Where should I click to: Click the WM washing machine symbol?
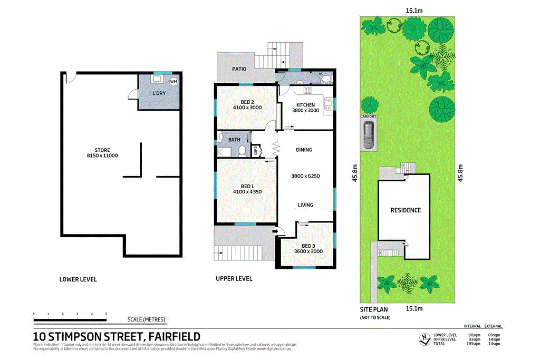pyautogui.click(x=173, y=82)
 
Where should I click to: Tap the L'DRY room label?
pyautogui.click(x=159, y=93)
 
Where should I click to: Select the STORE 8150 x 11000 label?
pyautogui.click(x=102, y=153)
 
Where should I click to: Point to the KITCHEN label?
pyautogui.click(x=305, y=105)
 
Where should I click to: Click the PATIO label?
pyautogui.click(x=240, y=69)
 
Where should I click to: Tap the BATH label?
pyautogui.click(x=234, y=140)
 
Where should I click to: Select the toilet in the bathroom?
pyautogui.click(x=242, y=151)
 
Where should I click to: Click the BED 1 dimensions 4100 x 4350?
pyautogui.click(x=247, y=192)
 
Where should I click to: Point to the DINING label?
pyautogui.click(x=304, y=150)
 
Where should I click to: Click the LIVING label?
pyautogui.click(x=305, y=205)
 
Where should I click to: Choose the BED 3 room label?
pyautogui.click(x=308, y=246)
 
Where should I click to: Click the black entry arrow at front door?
pyautogui.click(x=275, y=231)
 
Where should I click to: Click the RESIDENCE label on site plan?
pyautogui.click(x=406, y=210)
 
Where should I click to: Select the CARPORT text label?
pyautogui.click(x=368, y=116)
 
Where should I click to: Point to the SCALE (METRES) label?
pyautogui.click(x=147, y=319)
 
